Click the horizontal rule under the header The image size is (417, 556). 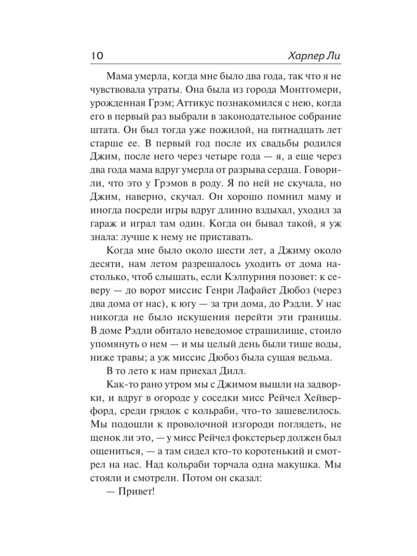[x=208, y=64]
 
